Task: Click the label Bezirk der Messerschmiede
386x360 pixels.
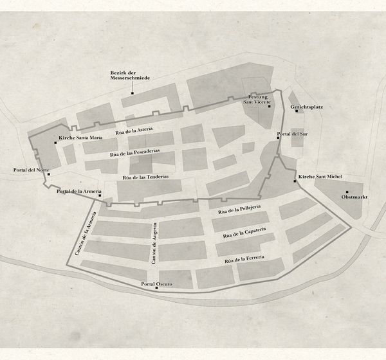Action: pyautogui.click(x=130, y=75)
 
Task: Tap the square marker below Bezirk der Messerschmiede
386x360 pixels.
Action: pyautogui.click(x=133, y=93)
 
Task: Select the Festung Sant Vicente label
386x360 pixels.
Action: pyautogui.click(x=257, y=100)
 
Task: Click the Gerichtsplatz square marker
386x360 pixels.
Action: pyautogui.click(x=297, y=111)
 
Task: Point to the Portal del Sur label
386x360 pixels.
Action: pyautogui.click(x=292, y=134)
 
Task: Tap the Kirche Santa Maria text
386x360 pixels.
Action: pyautogui.click(x=80, y=138)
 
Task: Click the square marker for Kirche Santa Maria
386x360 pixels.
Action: pyautogui.click(x=55, y=143)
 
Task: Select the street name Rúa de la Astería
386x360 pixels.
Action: pyautogui.click(x=134, y=131)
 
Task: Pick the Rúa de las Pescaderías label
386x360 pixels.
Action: pyautogui.click(x=135, y=153)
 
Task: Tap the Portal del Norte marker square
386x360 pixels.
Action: pyautogui.click(x=49, y=174)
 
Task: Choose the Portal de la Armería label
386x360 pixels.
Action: pyautogui.click(x=79, y=191)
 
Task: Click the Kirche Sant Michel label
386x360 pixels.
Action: pyautogui.click(x=320, y=177)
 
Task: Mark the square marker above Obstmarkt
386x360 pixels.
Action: pyautogui.click(x=347, y=192)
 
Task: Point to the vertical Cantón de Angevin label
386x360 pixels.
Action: pyautogui.click(x=154, y=244)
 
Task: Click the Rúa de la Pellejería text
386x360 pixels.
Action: pyautogui.click(x=239, y=210)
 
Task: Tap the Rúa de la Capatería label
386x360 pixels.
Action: pyautogui.click(x=244, y=233)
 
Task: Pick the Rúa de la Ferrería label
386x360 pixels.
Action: pyautogui.click(x=244, y=259)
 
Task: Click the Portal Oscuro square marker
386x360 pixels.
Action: pyautogui.click(x=156, y=288)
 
